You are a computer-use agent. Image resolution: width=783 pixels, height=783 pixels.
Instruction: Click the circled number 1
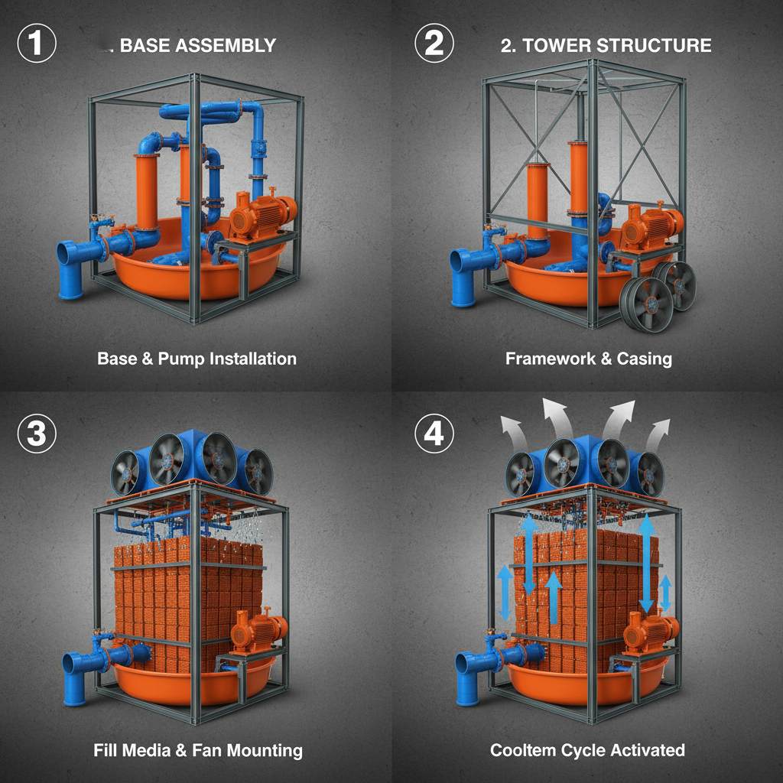(36, 44)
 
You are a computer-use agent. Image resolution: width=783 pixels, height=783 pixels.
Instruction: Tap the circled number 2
(434, 44)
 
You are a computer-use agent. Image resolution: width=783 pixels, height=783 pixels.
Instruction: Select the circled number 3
(36, 434)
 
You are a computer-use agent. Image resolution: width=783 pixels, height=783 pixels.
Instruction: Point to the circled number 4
(434, 434)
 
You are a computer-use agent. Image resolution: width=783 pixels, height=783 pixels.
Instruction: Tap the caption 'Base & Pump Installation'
(197, 358)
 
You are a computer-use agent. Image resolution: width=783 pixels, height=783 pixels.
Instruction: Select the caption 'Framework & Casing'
(589, 358)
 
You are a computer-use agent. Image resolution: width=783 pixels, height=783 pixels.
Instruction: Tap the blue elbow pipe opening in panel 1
(67, 253)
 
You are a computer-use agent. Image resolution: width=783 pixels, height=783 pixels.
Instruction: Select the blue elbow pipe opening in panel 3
(71, 663)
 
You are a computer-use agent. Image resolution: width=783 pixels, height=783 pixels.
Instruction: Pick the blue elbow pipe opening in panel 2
(461, 262)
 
